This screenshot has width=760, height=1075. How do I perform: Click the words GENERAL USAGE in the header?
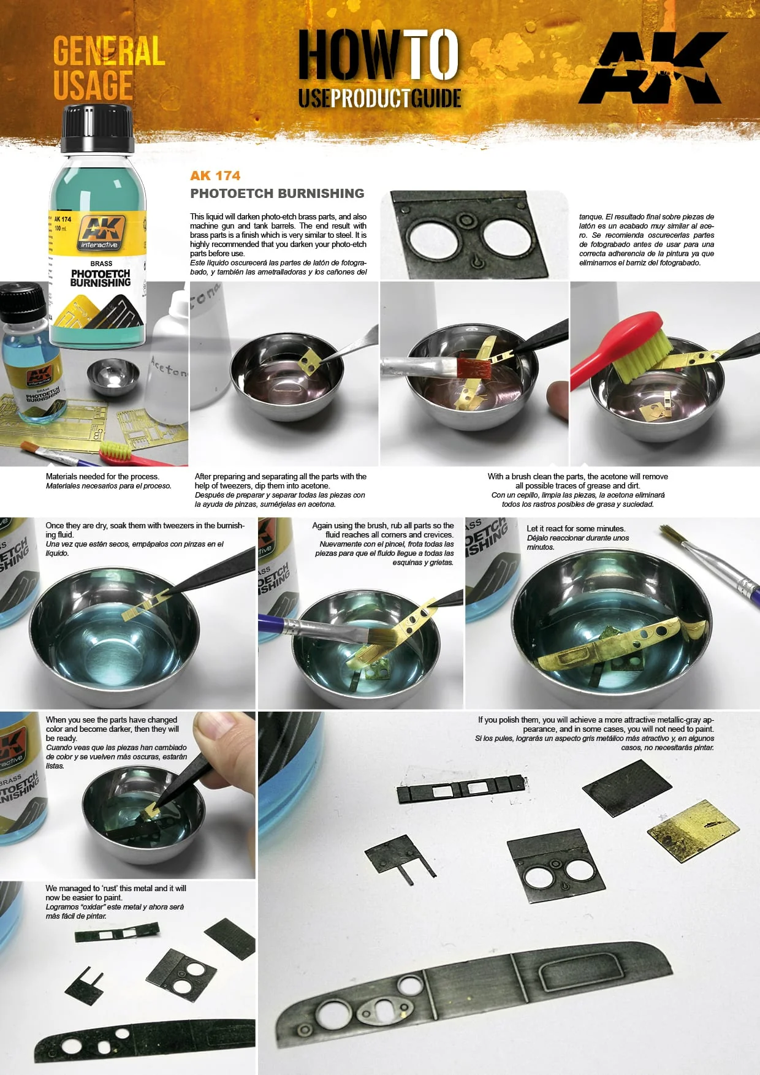109,67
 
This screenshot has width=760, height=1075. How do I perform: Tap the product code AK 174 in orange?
215,175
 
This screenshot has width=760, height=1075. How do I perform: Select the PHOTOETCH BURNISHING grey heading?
277,193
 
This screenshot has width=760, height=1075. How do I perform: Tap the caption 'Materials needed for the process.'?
102,476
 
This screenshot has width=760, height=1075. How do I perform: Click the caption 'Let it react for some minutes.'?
576,528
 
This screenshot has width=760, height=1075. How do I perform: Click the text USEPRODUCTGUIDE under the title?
379,98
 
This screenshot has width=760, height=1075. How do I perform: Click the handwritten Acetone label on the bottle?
169,367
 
